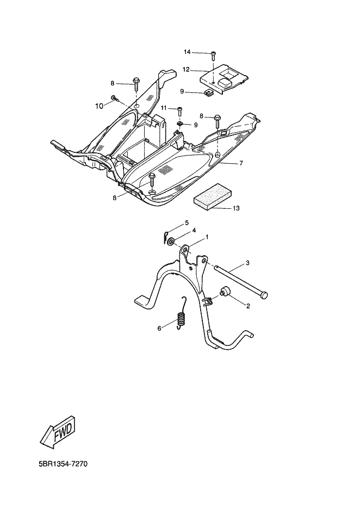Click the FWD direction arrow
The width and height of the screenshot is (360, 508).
[59, 432]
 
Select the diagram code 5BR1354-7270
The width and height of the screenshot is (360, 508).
[63, 464]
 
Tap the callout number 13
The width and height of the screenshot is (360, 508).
[236, 208]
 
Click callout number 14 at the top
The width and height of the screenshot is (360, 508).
[187, 52]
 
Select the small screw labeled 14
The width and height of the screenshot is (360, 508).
[213, 56]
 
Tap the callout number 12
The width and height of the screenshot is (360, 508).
[185, 69]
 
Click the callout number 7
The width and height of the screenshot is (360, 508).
[241, 163]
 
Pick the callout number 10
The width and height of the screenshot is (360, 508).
[99, 106]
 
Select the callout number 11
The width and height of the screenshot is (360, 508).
[164, 108]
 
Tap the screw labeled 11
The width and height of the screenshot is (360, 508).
[180, 112]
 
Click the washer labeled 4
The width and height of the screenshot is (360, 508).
[171, 241]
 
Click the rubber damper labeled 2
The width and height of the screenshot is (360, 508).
[224, 292]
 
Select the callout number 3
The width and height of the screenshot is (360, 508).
[247, 263]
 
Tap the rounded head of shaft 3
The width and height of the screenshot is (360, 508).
[265, 295]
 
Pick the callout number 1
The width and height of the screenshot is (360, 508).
[207, 238]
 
